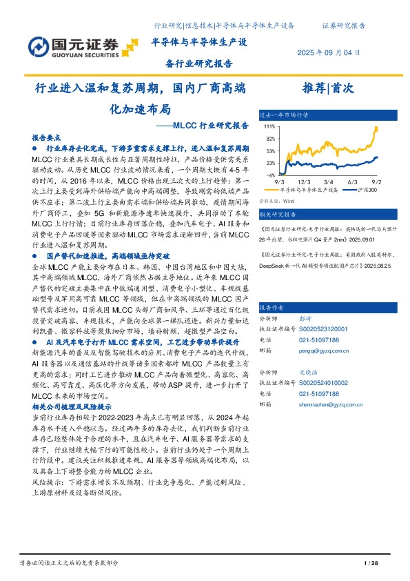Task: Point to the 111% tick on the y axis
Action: [269, 127]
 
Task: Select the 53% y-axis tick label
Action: [269, 151]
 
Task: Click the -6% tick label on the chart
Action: [271, 175]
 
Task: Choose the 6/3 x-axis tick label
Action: [353, 181]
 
